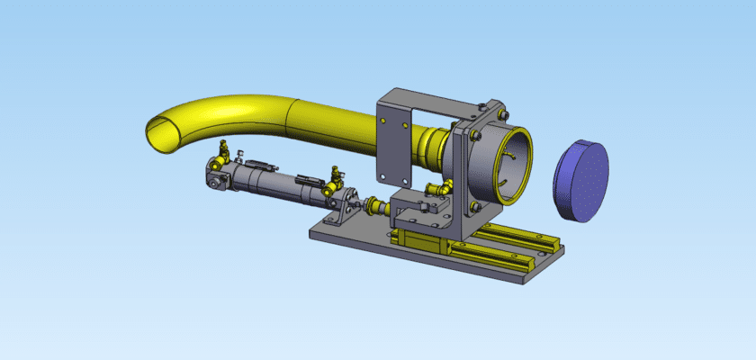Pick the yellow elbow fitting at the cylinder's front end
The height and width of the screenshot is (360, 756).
(x=336, y=173)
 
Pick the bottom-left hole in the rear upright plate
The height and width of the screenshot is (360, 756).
(x=383, y=175)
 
